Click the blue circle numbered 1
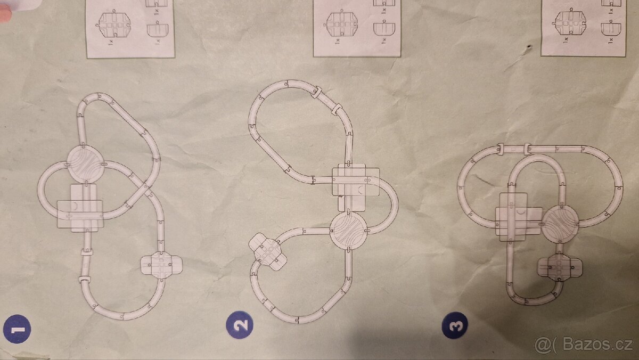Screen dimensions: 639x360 click(17, 329)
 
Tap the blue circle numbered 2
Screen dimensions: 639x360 click(240, 325)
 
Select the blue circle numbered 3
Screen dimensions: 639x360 click(455, 325)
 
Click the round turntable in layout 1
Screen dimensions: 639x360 click(86, 163)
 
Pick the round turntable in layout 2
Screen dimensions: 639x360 click(348, 231)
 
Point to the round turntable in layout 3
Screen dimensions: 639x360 click(560, 224)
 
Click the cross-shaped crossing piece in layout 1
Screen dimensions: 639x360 click(161, 265)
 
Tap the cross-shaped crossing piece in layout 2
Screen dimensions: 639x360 click(267, 251)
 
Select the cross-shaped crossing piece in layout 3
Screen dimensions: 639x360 click(560, 267)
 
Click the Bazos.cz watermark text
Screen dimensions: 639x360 click(584, 345)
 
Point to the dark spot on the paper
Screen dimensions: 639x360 click(529, 47)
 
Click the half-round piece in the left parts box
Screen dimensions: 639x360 click(158, 29)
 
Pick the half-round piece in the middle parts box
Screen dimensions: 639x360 click(384, 28)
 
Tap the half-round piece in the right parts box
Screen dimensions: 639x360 click(611, 27)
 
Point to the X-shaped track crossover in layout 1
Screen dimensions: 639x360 click(141, 191)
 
